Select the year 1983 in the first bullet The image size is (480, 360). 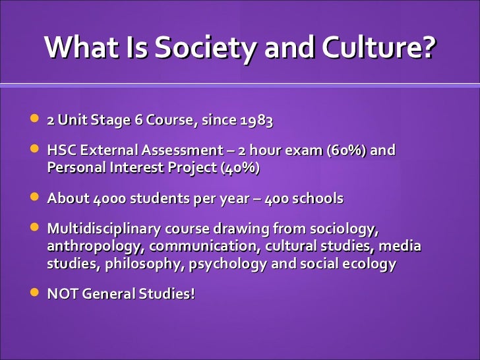[x=256, y=122]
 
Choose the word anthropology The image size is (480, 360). [x=96, y=247]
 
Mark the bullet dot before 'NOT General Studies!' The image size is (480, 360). [x=34, y=292]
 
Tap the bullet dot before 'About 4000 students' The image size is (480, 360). [x=34, y=197]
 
